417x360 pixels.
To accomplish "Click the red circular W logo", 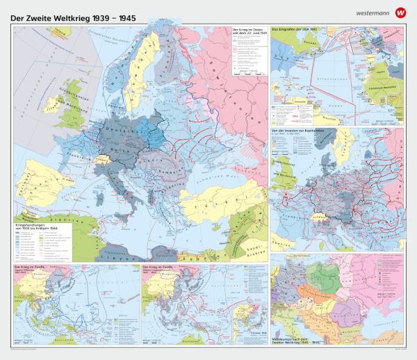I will pyautogui.click(x=400, y=13).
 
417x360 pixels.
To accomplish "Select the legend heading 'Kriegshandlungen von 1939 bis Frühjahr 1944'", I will pyautogui.click(x=40, y=227).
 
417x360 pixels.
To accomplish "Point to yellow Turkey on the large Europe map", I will pyautogui.click(x=208, y=200).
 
